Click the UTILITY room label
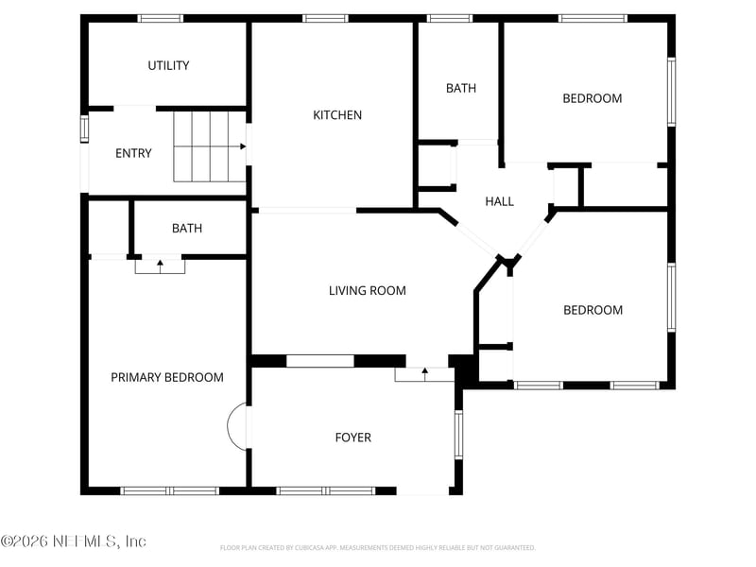168,65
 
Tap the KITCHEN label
337,115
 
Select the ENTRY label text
133,153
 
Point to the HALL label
499,201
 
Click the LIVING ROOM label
367,290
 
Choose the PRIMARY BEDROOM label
167,377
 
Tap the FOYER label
353,438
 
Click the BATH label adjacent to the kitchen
461,88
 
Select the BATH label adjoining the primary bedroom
187,229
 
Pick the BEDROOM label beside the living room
593,310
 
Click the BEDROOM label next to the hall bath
593,98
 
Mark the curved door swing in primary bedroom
238,427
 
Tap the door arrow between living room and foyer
425,374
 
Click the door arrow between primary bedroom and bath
160,266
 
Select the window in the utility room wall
160,18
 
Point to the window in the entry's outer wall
83,128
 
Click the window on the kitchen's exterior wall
325,18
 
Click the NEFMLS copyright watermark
74,541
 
